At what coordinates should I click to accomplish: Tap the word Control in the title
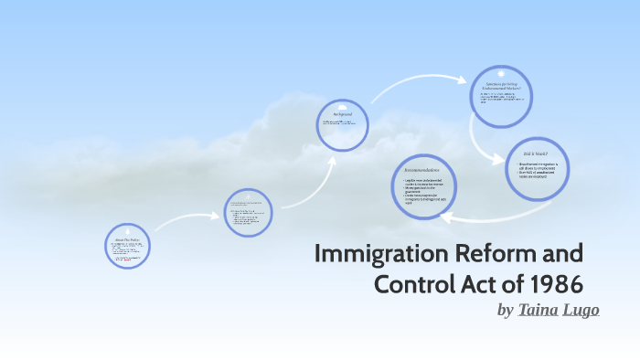click(x=416, y=282)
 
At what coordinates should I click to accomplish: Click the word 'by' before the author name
click(x=506, y=311)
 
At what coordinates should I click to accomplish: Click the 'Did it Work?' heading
click(x=536, y=153)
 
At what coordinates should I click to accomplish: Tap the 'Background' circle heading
click(x=342, y=114)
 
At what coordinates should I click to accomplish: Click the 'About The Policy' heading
click(x=126, y=238)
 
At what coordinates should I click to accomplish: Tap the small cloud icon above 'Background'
click(x=342, y=104)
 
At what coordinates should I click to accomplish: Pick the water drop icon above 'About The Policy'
click(x=126, y=230)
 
